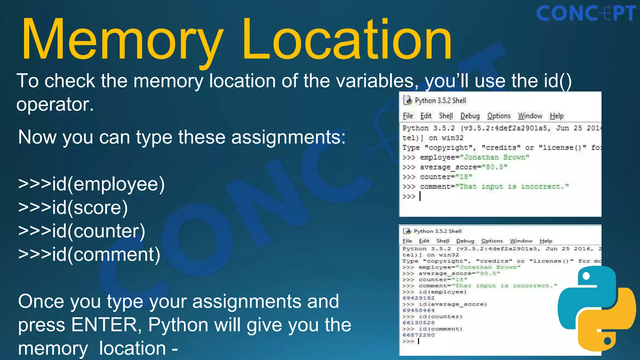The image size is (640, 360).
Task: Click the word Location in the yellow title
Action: [347, 39]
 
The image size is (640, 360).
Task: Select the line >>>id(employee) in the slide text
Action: [91, 184]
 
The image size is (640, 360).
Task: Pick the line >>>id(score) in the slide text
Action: [73, 207]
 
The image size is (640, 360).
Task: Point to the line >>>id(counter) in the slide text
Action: [82, 231]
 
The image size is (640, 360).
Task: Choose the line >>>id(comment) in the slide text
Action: [89, 254]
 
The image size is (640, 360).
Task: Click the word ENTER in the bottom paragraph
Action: [104, 325]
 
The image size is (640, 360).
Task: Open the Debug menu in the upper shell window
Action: [470, 116]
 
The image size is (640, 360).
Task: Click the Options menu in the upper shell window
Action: [499, 116]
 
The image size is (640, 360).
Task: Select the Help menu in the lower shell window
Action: [546, 241]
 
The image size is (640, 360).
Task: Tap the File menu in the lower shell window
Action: [407, 241]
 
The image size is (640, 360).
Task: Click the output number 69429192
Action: [418, 298]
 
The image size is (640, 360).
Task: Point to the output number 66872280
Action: [418, 335]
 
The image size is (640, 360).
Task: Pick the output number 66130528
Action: [418, 323]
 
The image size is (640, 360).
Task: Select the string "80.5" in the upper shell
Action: [495, 167]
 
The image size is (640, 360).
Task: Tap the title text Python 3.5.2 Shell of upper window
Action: [440, 101]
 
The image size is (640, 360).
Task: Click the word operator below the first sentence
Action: [55, 104]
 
